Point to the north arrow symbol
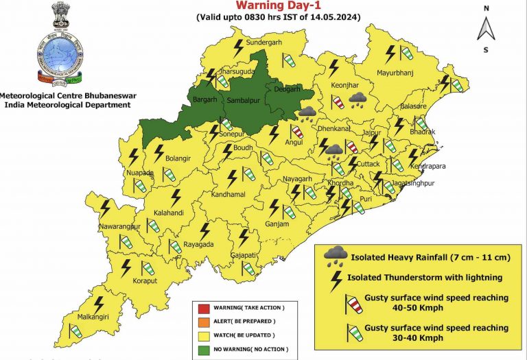click(486, 29)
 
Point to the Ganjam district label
click(279, 224)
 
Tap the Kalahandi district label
click(169, 213)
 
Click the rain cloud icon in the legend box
click(335, 256)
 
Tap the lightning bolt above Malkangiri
click(99, 303)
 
